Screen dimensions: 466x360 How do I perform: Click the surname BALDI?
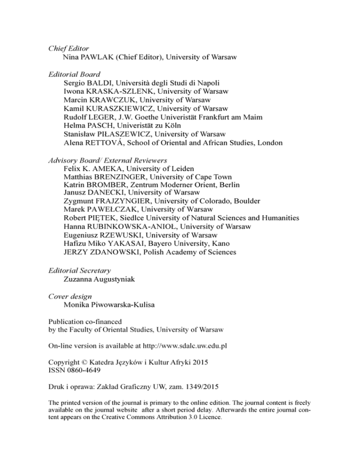point(99,83)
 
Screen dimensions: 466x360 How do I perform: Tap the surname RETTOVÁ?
point(101,143)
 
